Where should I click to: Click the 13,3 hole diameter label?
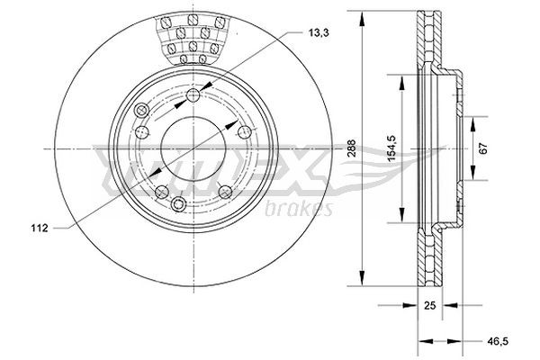317,33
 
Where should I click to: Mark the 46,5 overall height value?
493,341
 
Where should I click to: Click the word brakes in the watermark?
300,209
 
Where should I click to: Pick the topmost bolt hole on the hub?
196,96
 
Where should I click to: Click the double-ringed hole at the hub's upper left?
140,111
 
